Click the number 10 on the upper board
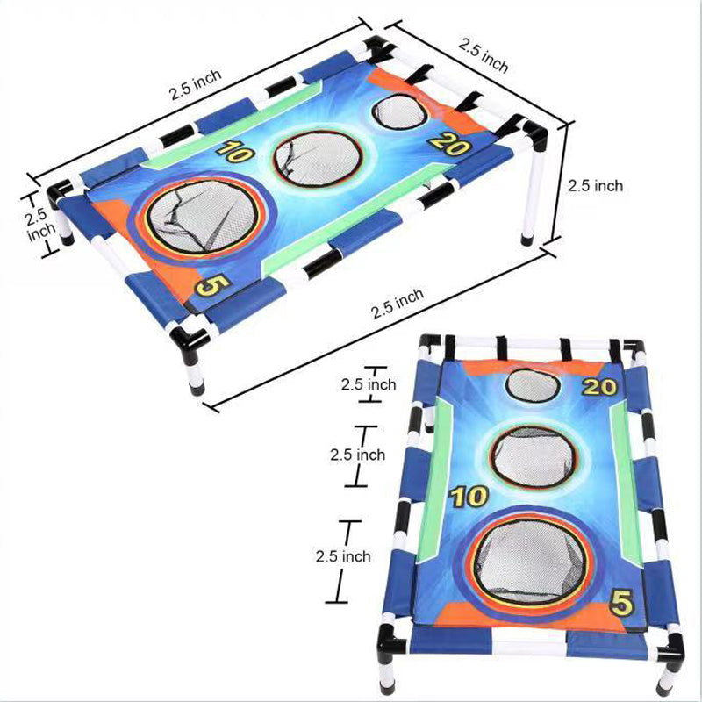pyautogui.click(x=235, y=151)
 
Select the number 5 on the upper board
pyautogui.click(x=212, y=284)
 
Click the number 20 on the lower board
pyautogui.click(x=599, y=387)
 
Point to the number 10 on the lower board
pyautogui.click(x=469, y=497)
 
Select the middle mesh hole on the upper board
pyautogui.click(x=317, y=158)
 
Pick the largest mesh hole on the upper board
pyautogui.click(x=204, y=218)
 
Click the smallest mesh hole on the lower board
pyautogui.click(x=534, y=386)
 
